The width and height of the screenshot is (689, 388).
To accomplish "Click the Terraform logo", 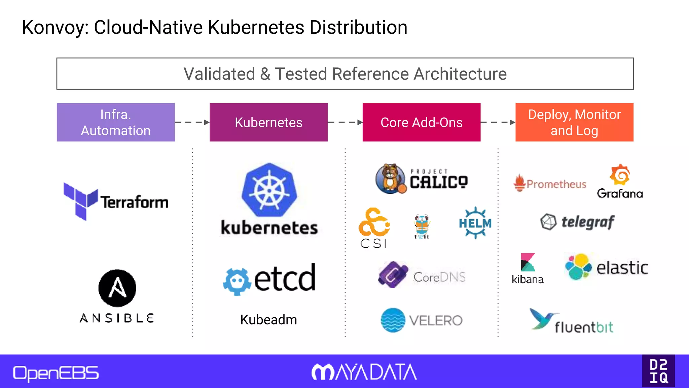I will [116, 201].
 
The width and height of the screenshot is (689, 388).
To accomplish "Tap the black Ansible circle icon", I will [117, 288].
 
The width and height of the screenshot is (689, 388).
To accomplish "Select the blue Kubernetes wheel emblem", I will [269, 190].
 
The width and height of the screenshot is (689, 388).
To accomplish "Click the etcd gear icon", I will [237, 281].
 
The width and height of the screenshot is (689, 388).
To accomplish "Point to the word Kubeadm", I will [268, 320].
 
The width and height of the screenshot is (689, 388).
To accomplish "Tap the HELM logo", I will [475, 223].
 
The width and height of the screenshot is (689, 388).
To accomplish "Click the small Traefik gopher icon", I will [422, 225].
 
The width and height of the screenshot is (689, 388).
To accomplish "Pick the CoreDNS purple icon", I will [393, 274].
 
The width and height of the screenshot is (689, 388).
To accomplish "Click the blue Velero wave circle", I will [393, 320].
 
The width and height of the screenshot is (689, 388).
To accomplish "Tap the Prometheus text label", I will [556, 184].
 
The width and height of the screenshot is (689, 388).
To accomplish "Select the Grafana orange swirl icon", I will [620, 174].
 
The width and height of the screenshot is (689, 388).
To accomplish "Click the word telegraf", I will [588, 222].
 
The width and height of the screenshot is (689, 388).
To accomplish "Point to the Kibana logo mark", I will [528, 262].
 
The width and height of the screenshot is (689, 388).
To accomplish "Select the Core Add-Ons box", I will [421, 122].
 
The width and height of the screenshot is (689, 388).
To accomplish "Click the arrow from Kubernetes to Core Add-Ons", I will [345, 122].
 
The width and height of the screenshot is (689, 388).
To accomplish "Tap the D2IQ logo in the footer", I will [658, 371].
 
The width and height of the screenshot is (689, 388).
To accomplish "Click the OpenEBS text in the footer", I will [56, 373].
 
